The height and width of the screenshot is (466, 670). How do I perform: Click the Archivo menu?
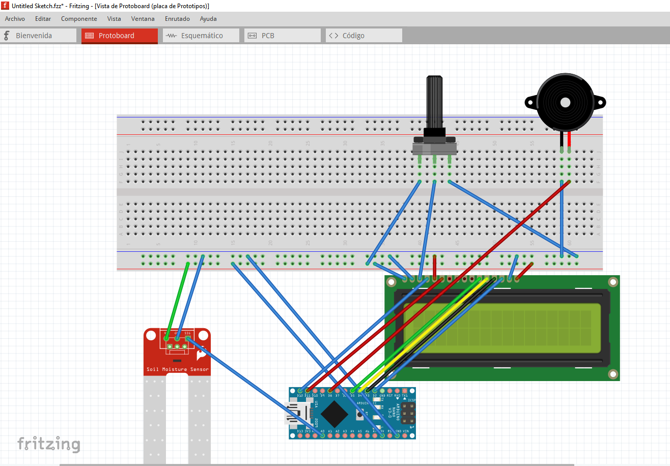15,19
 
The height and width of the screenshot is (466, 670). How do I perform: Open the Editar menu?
43,19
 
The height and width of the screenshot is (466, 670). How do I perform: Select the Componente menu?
79,19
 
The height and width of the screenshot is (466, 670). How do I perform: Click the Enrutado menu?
177,19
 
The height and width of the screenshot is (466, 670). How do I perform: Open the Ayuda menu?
208,19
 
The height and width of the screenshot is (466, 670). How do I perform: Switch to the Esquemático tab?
201,36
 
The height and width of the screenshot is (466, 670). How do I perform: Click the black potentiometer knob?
434,102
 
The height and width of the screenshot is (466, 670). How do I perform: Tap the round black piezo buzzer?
565,102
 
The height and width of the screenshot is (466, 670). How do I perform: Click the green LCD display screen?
501,328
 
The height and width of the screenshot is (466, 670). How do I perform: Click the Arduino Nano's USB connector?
294,413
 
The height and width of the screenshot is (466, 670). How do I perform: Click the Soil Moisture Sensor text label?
177,369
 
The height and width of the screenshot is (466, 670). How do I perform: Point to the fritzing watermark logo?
49,444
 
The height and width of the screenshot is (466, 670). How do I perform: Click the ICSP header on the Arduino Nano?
407,414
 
